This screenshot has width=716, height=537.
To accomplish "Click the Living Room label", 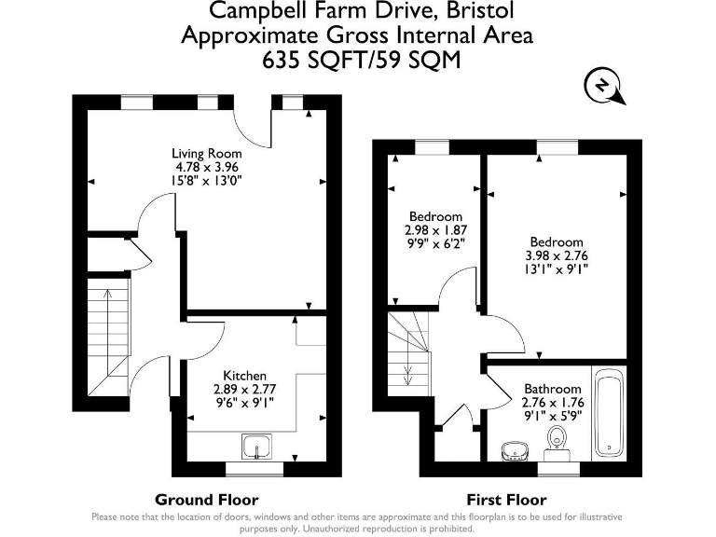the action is click(x=206, y=154).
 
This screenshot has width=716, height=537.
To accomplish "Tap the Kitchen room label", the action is click(x=245, y=376).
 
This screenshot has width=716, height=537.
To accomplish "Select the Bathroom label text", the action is click(x=553, y=389).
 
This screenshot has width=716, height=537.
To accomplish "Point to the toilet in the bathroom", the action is click(x=557, y=443).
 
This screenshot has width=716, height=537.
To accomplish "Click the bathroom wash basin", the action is click(x=515, y=451).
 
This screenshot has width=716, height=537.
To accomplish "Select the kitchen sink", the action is click(x=256, y=447).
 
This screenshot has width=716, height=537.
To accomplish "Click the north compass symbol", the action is click(x=604, y=88).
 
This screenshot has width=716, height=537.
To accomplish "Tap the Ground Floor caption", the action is click(x=207, y=500).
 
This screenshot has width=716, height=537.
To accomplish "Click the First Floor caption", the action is click(x=506, y=500).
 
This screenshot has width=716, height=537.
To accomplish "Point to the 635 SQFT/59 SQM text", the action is click(x=361, y=60).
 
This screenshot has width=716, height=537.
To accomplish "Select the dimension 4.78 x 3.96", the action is click(x=207, y=167).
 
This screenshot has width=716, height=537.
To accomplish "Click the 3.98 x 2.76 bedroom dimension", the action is click(x=557, y=255).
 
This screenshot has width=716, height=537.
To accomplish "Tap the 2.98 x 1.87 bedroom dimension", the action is click(x=435, y=229).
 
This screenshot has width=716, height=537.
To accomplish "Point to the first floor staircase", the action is click(x=409, y=354).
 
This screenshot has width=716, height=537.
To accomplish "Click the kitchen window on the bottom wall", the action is click(x=255, y=470).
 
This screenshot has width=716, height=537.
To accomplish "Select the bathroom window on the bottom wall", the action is click(x=558, y=470).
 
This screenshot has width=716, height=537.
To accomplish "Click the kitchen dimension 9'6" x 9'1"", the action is click(x=245, y=403).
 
